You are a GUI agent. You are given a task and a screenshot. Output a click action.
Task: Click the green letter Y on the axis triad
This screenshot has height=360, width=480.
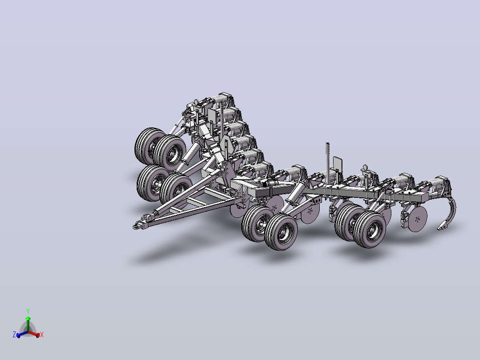coord(28,311)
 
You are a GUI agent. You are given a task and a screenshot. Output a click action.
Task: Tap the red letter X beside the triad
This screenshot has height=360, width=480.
coord(42,335)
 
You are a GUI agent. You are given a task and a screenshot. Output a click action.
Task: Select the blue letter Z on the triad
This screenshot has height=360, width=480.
coord(14,334)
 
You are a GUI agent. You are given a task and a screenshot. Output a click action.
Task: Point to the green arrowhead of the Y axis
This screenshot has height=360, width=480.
coord(28,319)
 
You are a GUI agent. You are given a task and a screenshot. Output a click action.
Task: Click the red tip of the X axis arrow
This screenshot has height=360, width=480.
coord(38,335)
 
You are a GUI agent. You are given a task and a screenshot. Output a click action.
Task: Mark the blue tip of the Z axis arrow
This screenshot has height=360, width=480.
coord(18,336)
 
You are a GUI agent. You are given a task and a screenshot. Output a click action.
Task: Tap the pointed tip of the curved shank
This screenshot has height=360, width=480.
coord(438,229)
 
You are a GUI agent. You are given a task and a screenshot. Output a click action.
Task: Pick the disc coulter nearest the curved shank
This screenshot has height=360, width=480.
coord(417,219)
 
